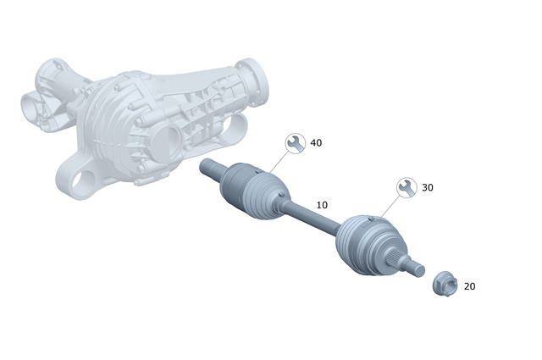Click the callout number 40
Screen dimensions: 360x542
click(316, 143)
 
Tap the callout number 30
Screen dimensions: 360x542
click(427, 187)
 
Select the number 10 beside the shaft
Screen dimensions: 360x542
click(322, 205)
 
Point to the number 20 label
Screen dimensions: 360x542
click(469, 286)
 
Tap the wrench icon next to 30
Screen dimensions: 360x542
click(406, 187)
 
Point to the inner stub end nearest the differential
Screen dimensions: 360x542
click(207, 168)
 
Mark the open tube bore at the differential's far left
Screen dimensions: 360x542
click(32, 108)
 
